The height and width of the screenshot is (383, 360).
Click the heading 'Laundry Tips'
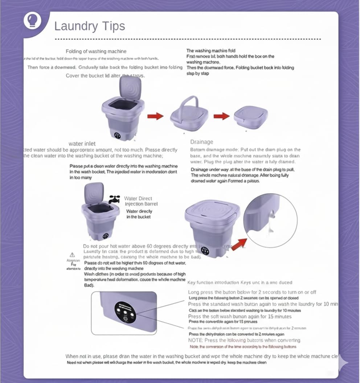(x=89, y=26)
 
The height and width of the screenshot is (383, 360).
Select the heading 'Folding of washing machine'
(x=96, y=51)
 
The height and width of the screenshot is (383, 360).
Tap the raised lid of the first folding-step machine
(x=130, y=88)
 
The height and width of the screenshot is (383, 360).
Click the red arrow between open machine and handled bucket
(x=155, y=116)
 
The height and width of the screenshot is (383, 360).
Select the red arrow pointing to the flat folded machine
(x=221, y=116)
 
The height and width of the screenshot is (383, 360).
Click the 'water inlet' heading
(x=82, y=144)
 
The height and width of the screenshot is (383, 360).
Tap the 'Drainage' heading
(x=201, y=142)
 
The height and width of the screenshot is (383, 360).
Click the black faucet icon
(x=114, y=199)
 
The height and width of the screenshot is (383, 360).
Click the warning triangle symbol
(x=72, y=255)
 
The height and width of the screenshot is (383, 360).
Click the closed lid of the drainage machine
(x=212, y=211)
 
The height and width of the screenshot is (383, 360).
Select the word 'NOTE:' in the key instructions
(x=196, y=340)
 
